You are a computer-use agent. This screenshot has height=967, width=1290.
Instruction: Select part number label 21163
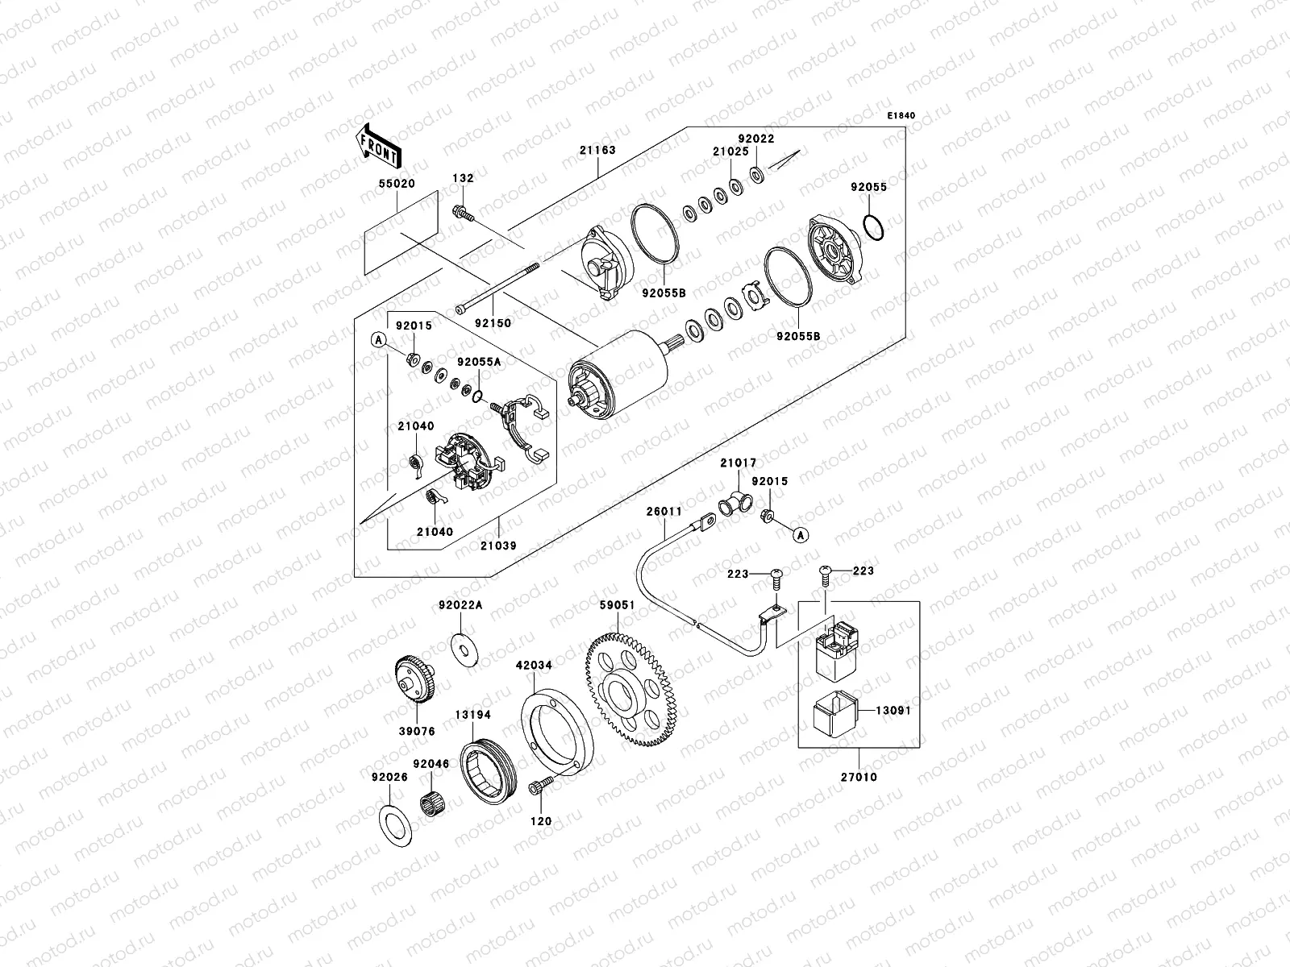pos(597,151)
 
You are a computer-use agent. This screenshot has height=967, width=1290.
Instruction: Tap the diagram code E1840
pos(901,116)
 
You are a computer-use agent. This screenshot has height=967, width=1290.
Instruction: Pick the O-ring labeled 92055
pos(873,226)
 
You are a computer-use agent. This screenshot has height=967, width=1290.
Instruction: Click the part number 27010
pos(859,778)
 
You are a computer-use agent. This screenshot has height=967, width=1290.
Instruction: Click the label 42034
pos(534,666)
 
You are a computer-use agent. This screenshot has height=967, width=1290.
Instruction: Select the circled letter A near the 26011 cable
pos(800,533)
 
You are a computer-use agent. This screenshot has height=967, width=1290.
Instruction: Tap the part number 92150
pos(493,322)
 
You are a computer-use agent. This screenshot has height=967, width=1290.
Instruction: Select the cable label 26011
pos(664,512)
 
